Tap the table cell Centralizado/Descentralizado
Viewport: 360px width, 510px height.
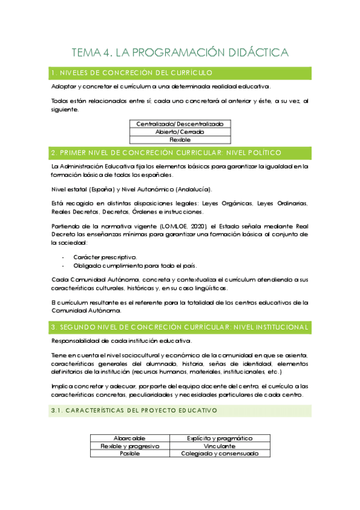(x=180, y=124)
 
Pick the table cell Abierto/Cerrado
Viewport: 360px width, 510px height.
(x=180, y=131)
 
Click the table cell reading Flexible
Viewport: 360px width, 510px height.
(x=180, y=139)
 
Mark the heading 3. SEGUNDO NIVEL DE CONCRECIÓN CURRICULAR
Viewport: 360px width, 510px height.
(x=180, y=327)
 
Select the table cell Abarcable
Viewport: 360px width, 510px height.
(x=129, y=438)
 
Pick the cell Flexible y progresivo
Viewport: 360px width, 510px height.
(x=129, y=446)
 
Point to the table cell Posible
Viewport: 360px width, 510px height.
(x=129, y=453)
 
